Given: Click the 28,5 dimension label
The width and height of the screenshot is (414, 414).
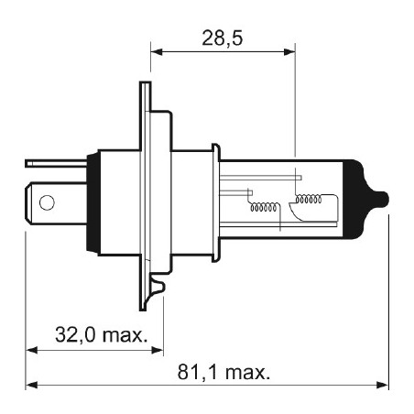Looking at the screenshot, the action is (x=223, y=38).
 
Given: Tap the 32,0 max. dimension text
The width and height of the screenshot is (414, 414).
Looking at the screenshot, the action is (x=102, y=334).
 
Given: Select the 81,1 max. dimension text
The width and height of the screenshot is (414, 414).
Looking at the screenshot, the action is (x=223, y=372).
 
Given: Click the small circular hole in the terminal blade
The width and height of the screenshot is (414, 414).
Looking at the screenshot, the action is (x=47, y=202).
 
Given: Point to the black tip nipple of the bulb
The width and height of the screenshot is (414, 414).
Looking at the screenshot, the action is (x=382, y=199).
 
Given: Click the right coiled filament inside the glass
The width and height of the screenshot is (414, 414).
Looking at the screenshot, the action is (x=309, y=199).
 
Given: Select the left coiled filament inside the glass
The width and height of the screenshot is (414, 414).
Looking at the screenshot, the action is (x=264, y=207).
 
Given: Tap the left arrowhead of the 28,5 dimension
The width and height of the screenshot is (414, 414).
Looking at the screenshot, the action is (x=156, y=51).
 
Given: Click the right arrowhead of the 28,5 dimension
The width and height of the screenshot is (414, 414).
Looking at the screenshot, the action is (x=289, y=51).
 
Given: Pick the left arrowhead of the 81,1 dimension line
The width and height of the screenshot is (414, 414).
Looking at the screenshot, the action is (x=31, y=385).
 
